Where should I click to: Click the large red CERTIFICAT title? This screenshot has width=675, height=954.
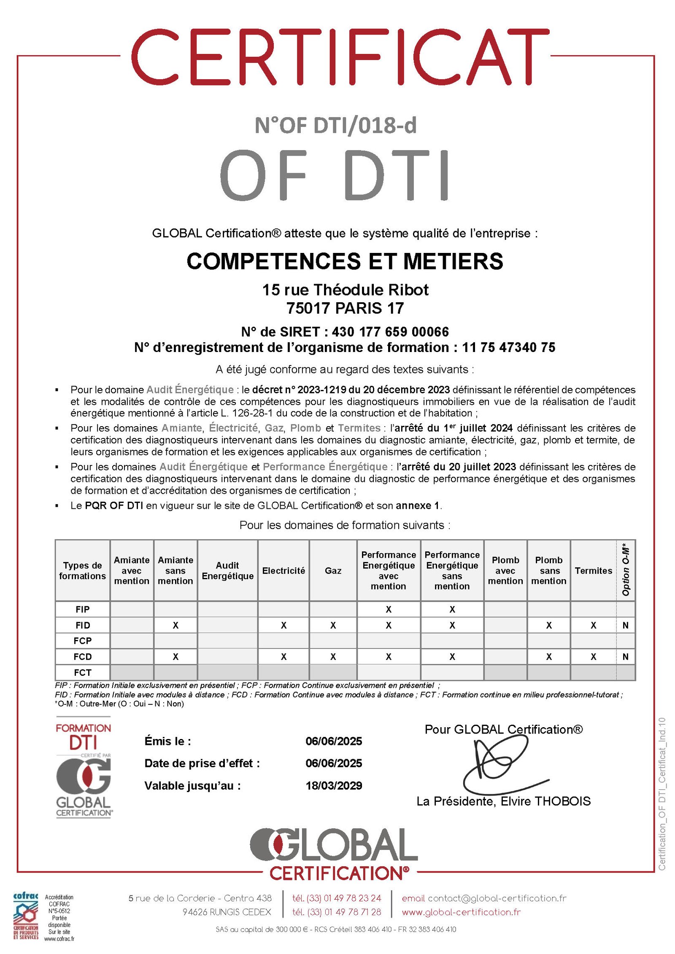pyautogui.click(x=340, y=58)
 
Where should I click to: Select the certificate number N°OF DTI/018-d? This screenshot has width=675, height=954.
pyautogui.click(x=335, y=126)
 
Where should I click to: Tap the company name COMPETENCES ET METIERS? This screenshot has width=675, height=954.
pyautogui.click(x=345, y=261)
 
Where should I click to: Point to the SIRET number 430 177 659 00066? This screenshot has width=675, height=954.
pyautogui.click(x=390, y=332)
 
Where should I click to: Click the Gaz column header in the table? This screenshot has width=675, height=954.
pyautogui.click(x=333, y=570)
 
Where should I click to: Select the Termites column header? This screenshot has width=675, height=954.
pyautogui.click(x=593, y=570)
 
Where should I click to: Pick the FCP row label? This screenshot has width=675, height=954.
pyautogui.click(x=82, y=641)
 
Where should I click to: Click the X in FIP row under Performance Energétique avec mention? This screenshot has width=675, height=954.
pyautogui.click(x=388, y=609)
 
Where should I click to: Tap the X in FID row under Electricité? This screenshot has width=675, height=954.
pyautogui.click(x=283, y=625)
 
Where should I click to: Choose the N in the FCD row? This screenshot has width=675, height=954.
pyautogui.click(x=625, y=656)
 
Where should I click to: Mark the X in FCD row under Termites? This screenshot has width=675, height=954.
pyautogui.click(x=593, y=656)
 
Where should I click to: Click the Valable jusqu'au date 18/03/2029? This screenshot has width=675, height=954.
pyautogui.click(x=334, y=785)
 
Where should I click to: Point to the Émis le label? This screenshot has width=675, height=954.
pyautogui.click(x=167, y=741)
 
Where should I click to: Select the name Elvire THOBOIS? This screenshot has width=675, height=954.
pyautogui.click(x=545, y=801)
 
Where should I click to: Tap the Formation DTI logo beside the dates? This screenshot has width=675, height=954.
pyautogui.click(x=84, y=767)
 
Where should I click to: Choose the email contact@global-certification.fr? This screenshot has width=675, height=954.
pyautogui.click(x=497, y=898)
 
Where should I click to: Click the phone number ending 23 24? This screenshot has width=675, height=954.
pyautogui.click(x=336, y=898)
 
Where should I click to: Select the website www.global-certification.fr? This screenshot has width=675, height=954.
pyautogui.click(x=461, y=912)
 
